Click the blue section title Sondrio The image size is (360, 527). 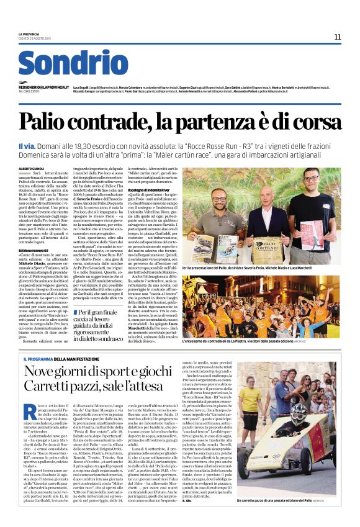pos(73,64)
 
